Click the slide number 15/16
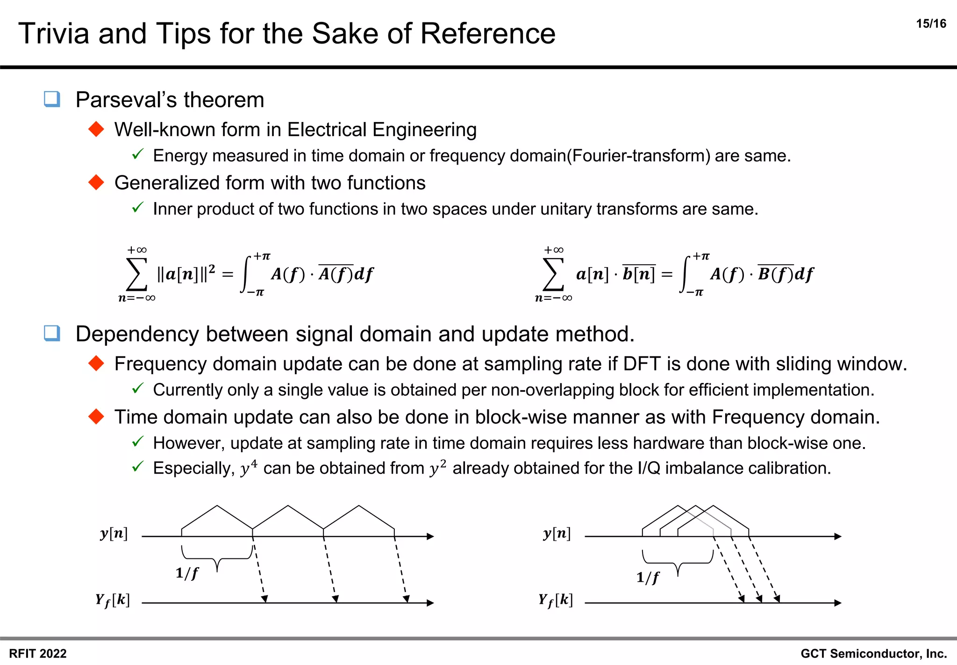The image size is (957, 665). coord(931,24)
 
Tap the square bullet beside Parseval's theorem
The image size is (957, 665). coord(52,99)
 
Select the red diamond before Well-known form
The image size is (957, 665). coord(96,129)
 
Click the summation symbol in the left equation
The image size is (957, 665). coord(136,275)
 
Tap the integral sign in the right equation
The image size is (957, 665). coord(686,275)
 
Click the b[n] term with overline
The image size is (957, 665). coord(638,274)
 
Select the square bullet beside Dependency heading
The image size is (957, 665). coord(52,333)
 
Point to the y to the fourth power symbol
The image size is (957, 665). coord(248,468)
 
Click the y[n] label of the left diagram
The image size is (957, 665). coord(114,534)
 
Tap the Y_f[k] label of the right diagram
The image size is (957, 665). coord(555,600)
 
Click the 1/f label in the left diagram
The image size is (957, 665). coord(187,573)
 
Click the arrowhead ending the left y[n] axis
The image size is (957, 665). coord(430,536)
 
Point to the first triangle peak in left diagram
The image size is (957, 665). coord(217,506)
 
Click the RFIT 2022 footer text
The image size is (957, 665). coord(38,653)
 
